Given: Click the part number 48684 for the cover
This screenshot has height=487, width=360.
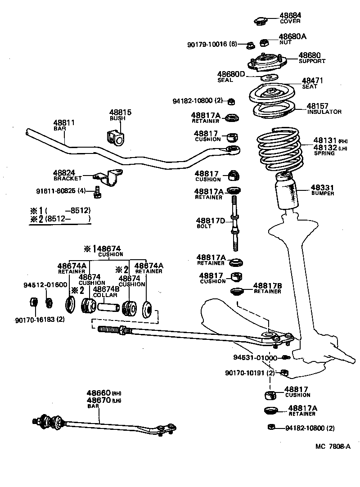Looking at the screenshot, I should click(x=290, y=15).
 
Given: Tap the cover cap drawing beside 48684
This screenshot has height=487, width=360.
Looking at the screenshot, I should click(x=260, y=21).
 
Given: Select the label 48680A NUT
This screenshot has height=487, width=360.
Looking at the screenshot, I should click(x=292, y=38).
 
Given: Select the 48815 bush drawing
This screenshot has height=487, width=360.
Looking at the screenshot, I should click(x=115, y=137).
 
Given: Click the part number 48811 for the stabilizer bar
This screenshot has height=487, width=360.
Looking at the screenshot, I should click(x=63, y=122).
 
